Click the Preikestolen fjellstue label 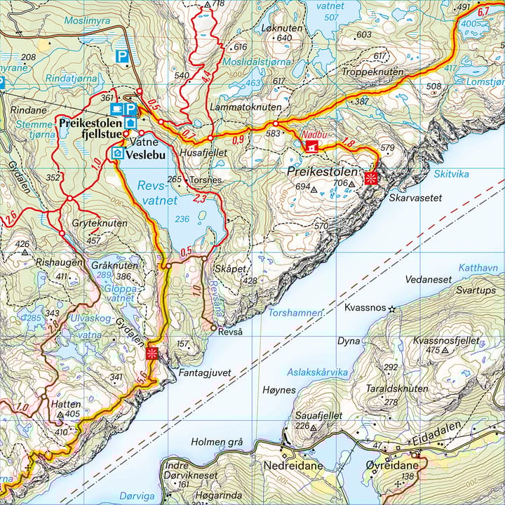[92, 128]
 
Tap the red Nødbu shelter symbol [311, 146]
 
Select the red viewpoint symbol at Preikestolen [372, 177]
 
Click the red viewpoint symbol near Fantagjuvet [152, 353]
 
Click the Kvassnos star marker [392, 309]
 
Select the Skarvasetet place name [415, 198]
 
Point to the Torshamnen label [295, 313]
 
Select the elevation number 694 [303, 187]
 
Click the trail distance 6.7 [483, 12]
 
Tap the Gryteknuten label [99, 223]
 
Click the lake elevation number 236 [182, 220]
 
